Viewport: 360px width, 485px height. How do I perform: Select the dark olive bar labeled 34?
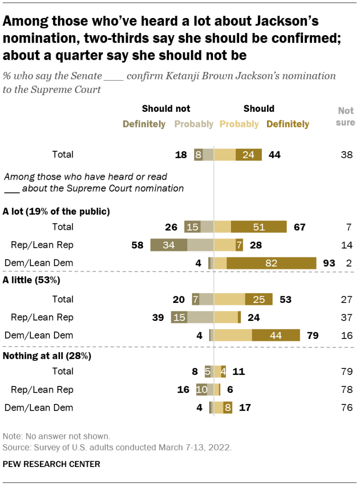(x=168, y=245)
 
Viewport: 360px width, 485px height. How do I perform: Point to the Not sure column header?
(x=346, y=116)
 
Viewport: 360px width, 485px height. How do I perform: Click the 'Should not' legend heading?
(x=166, y=109)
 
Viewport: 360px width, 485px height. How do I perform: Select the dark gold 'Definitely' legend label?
(x=287, y=124)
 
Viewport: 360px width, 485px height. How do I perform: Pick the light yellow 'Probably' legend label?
(x=239, y=124)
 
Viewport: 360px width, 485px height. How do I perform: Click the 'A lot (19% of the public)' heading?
(x=56, y=211)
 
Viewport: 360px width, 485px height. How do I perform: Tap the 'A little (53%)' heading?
(x=31, y=280)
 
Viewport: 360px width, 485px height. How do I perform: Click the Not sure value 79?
(x=346, y=371)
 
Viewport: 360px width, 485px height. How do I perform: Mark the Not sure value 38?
(x=346, y=154)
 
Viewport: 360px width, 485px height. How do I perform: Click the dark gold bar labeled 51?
(x=259, y=227)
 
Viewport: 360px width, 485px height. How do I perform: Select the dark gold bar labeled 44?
(x=276, y=336)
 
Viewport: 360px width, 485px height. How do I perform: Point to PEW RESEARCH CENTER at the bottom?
(x=51, y=464)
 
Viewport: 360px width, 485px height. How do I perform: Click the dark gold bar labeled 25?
(x=259, y=299)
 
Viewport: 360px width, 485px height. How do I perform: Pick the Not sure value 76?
(x=346, y=407)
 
